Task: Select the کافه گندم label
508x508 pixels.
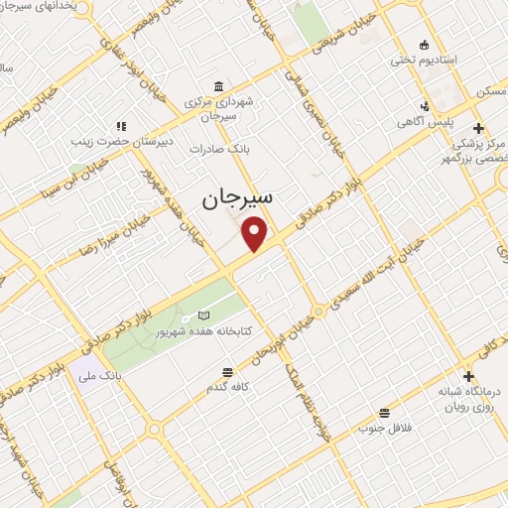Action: tap(228, 387)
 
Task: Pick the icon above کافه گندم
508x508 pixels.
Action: tap(228, 372)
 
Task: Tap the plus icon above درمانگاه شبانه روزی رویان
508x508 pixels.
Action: tap(468, 376)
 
